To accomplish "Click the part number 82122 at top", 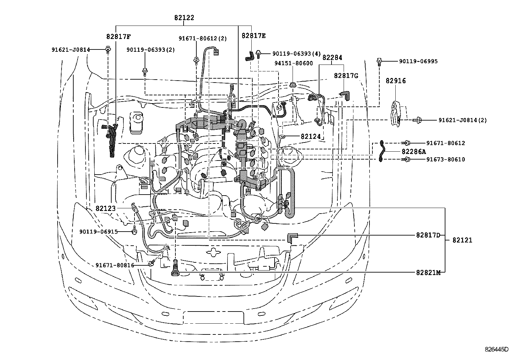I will click(184, 18).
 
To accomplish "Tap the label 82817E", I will click(254, 36).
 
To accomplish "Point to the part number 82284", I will click(332, 58).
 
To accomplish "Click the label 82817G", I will click(346, 76).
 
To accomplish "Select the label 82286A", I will click(414, 151).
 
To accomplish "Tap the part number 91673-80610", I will click(445, 160).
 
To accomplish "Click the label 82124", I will click(311, 136).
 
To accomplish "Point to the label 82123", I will click(106, 208).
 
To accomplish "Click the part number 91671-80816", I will click(115, 265).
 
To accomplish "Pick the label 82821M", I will click(428, 272).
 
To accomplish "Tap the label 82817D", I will click(428, 235).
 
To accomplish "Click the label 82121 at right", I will click(462, 240).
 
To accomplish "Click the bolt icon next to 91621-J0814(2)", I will click(418, 120).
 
